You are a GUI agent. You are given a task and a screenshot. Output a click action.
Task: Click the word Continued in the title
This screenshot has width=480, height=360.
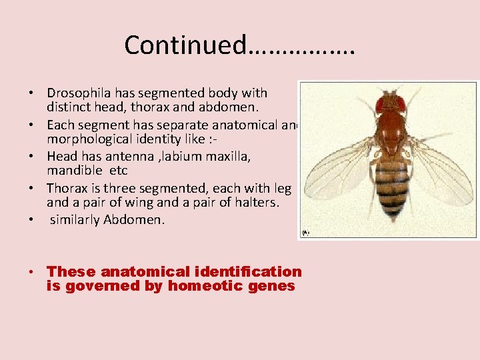pos(185,45)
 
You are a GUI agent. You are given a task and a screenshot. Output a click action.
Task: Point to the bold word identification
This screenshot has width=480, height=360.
pos(249,271)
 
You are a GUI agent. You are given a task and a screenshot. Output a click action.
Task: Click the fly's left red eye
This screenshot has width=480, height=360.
pos(381,105)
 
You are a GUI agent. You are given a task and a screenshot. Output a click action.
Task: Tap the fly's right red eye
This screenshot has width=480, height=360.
pos(401,104)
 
